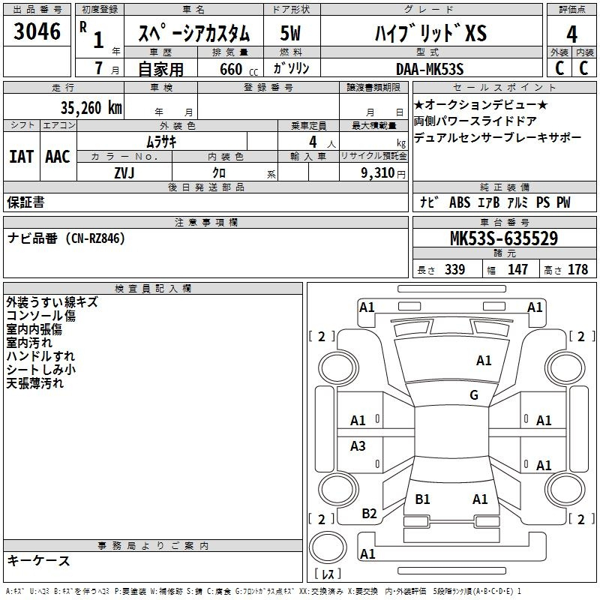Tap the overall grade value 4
coord(571,34)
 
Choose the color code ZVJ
coord(124,172)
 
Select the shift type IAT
coord(21,157)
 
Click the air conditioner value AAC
coord(58,157)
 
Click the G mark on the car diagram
coord(473,395)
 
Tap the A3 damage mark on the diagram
coord(358,446)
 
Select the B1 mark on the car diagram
coord(422,499)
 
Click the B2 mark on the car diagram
coord(370,514)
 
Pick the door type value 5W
coord(290,34)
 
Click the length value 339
coord(454,270)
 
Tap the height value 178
coord(577,270)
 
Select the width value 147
coord(517,270)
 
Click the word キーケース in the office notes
coord(39,560)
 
